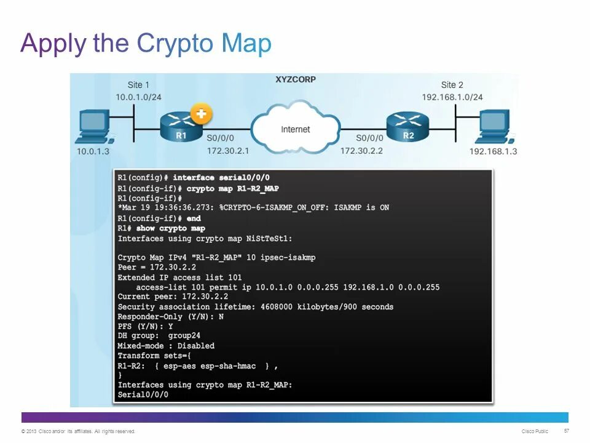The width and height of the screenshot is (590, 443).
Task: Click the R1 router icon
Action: click(181, 128)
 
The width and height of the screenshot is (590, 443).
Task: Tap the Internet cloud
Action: click(296, 129)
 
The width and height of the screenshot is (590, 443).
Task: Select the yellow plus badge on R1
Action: click(201, 114)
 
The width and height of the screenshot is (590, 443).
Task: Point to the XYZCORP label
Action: click(295, 80)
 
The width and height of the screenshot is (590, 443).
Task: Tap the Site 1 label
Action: click(138, 85)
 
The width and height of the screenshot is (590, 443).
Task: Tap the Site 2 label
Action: click(452, 85)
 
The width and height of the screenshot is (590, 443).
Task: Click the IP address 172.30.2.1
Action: click(228, 150)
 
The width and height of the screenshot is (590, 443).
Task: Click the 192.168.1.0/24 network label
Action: click(452, 97)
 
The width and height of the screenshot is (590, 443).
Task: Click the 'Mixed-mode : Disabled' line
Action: click(166, 346)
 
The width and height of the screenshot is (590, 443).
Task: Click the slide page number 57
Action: click(566, 431)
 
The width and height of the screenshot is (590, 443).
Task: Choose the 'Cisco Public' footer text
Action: click(535, 431)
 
